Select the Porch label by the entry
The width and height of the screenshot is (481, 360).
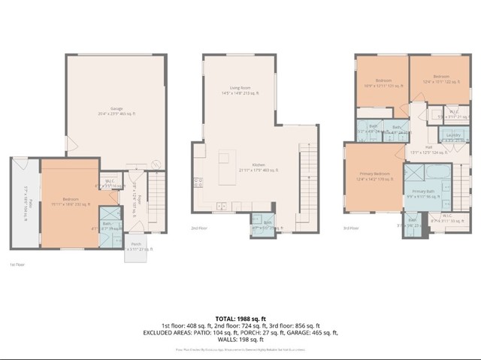136,246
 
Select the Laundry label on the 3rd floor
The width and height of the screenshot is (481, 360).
453,136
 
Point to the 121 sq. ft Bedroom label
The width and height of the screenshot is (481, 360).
383,83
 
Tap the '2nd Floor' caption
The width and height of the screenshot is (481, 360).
199,228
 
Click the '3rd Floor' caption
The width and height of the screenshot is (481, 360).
351,228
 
